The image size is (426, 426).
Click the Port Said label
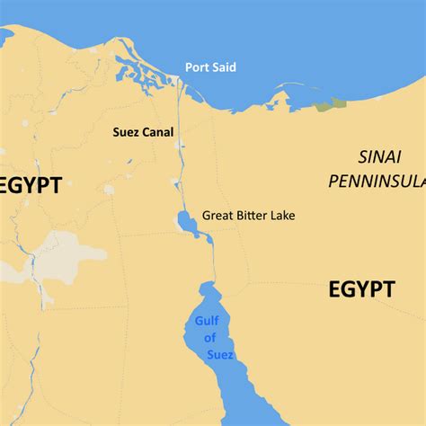[x=210, y=67]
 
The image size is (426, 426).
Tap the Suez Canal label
[x=143, y=131]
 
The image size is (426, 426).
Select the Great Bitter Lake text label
[x=248, y=216]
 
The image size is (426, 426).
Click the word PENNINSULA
[x=377, y=182]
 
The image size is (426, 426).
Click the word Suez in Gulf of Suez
[x=218, y=355]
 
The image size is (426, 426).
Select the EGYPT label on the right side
[x=360, y=289]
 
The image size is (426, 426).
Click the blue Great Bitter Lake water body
[x=186, y=220]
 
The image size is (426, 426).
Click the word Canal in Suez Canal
[x=158, y=131]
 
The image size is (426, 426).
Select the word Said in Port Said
[x=225, y=67]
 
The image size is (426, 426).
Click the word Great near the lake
[x=217, y=216]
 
